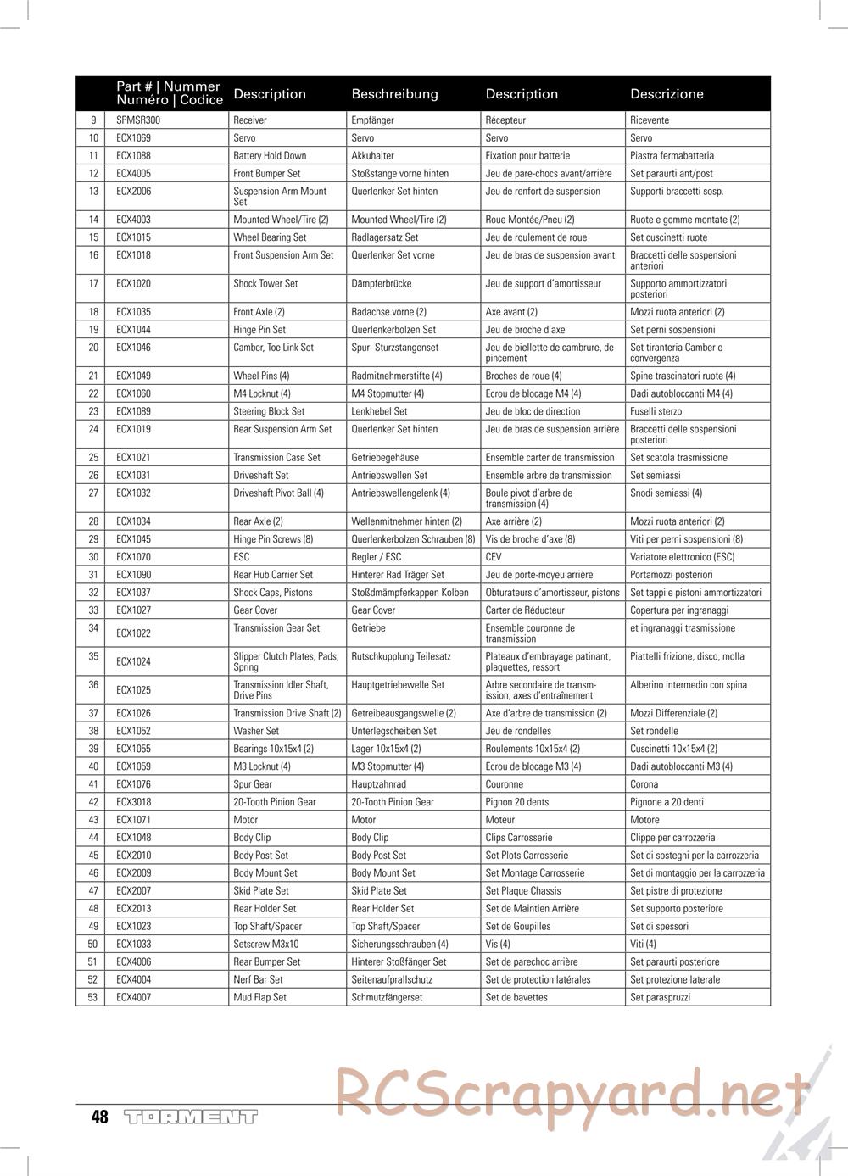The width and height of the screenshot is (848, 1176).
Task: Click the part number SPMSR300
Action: [138, 120]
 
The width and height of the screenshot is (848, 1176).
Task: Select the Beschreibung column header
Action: [394, 94]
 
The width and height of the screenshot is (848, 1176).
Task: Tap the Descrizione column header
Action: [667, 94]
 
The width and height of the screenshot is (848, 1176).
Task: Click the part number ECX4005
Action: [133, 174]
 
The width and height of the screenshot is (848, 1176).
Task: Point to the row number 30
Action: [93, 557]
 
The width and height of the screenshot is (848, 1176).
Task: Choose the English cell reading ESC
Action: [242, 557]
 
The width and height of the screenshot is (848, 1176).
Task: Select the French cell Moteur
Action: [500, 820]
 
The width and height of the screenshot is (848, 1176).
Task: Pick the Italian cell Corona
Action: [644, 784]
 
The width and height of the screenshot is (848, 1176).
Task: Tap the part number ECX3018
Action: [133, 802]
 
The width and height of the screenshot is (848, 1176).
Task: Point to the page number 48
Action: [100, 1117]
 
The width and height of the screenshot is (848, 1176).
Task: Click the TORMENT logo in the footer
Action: [190, 1117]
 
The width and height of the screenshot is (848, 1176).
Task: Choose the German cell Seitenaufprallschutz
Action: [392, 979]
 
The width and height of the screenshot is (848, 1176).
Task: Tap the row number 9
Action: [93, 120]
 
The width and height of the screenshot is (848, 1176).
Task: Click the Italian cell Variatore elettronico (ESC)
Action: [683, 557]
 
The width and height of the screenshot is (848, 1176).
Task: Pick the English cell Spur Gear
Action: [253, 784]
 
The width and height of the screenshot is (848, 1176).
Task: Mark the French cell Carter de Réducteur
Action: [525, 610]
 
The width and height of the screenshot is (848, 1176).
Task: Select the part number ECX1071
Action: [133, 820]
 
